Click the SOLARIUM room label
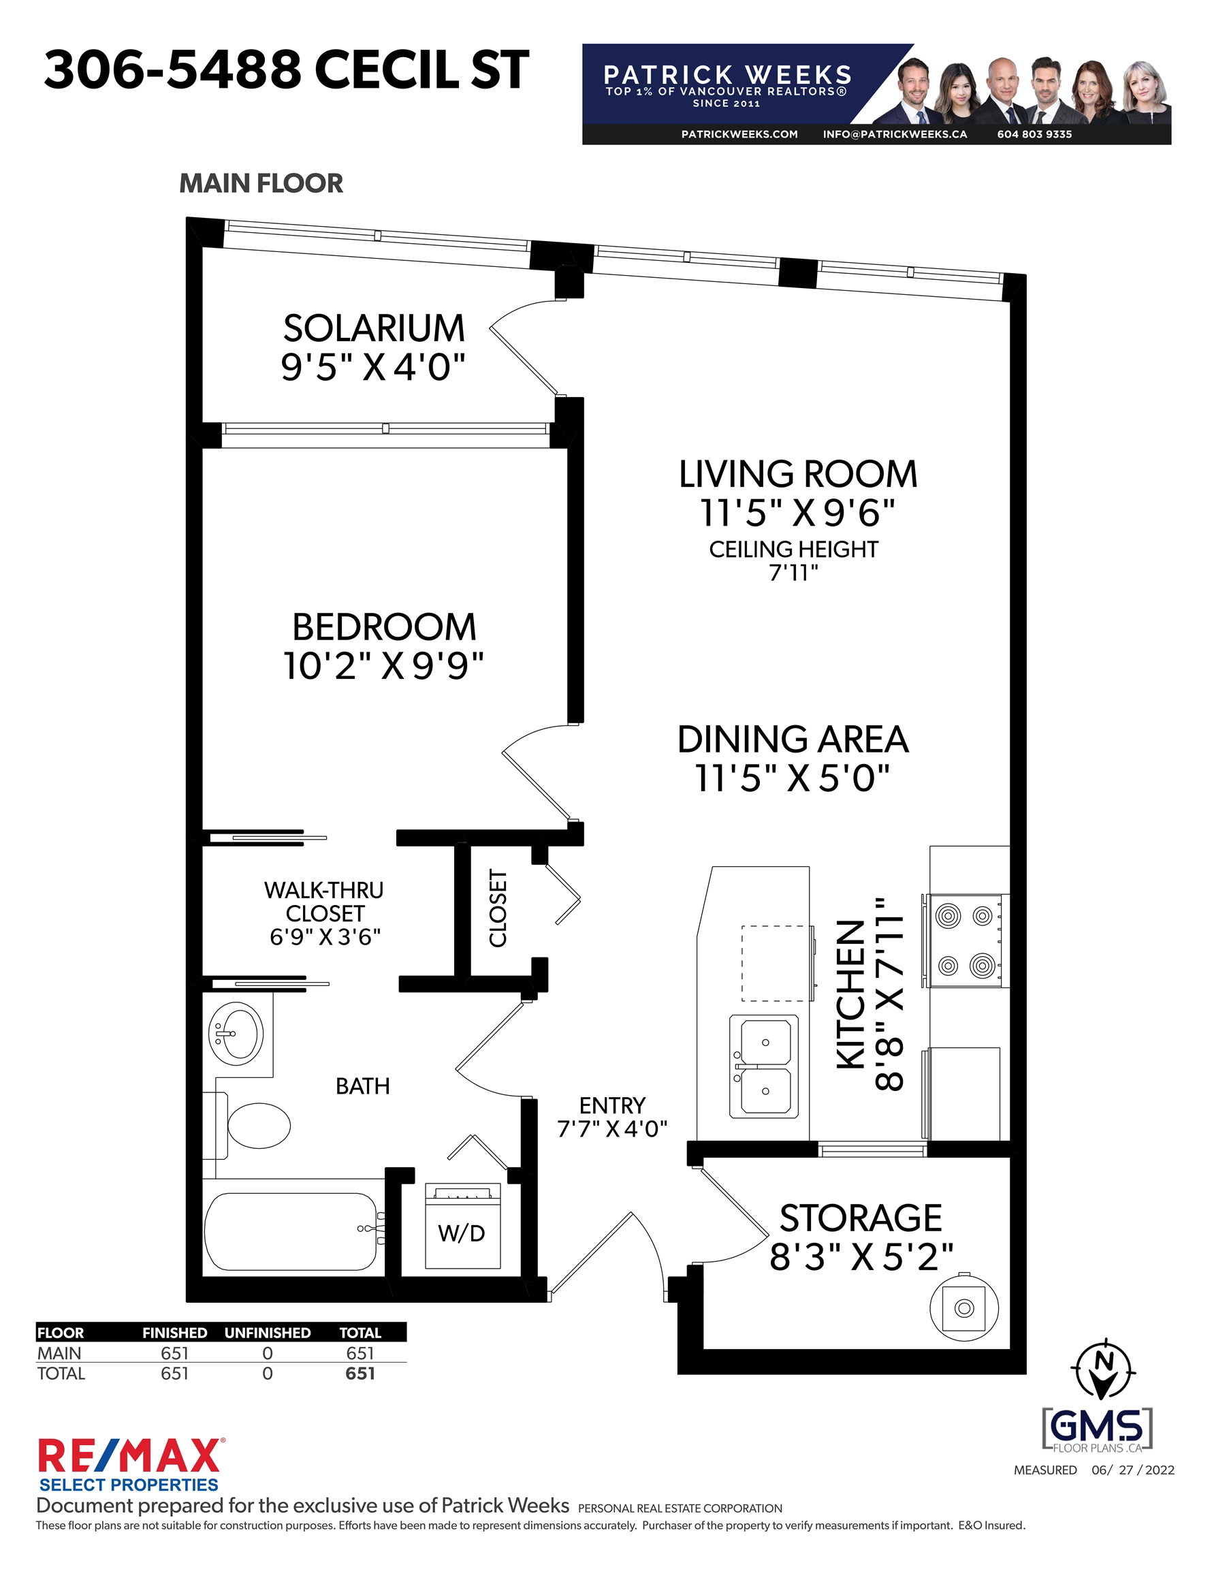(374, 328)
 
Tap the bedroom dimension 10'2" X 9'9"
(383, 666)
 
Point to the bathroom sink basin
(236, 1034)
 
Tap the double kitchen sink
(764, 1066)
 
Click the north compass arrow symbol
(1103, 1370)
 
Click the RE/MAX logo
(129, 1465)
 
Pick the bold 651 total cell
(360, 1373)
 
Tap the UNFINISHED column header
(268, 1333)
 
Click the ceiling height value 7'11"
(794, 573)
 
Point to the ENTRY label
(612, 1105)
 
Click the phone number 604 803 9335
(1034, 134)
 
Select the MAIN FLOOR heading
(261, 183)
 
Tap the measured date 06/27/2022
(1133, 1470)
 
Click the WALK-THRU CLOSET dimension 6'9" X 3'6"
(325, 937)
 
